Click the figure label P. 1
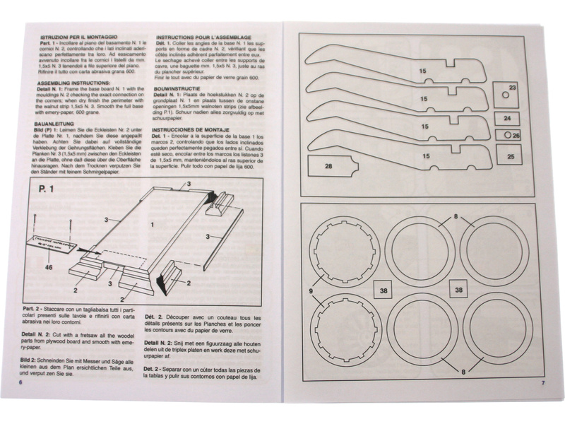[49, 190]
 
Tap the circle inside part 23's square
[505, 95]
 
